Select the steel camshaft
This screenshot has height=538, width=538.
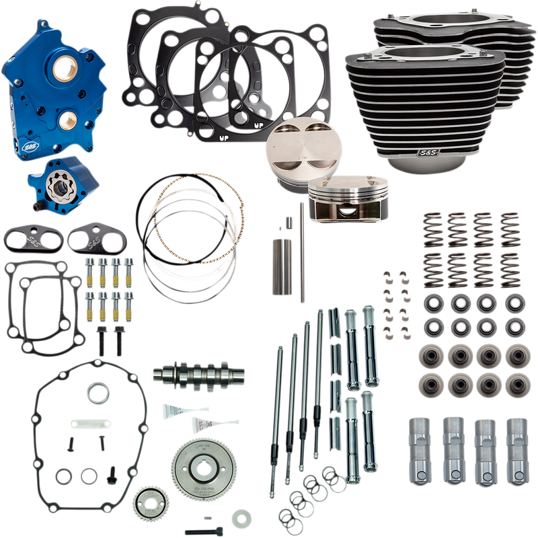[x=184, y=373]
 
